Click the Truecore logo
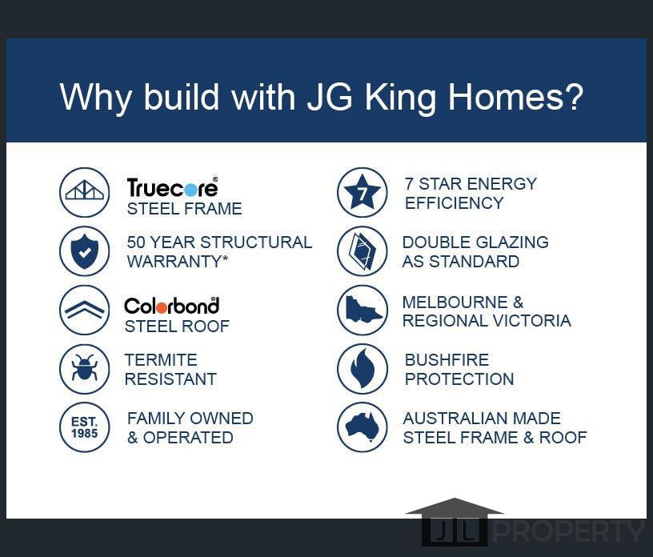point(172,187)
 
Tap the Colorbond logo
point(171,306)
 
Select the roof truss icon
point(85,192)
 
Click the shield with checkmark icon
point(85,251)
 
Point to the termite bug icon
point(85,369)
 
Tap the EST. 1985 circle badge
point(85,427)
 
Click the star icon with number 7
point(363,192)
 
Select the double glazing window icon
point(363,251)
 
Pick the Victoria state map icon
point(363,310)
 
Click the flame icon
point(363,369)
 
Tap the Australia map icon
point(363,427)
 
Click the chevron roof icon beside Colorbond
point(85,310)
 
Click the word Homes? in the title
point(515,97)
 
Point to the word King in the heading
point(400,98)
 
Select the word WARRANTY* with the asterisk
point(178,261)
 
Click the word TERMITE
point(161,359)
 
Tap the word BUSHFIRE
point(447,359)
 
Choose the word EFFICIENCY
point(454,203)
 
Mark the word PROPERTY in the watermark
point(569,531)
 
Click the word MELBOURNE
point(455,302)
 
